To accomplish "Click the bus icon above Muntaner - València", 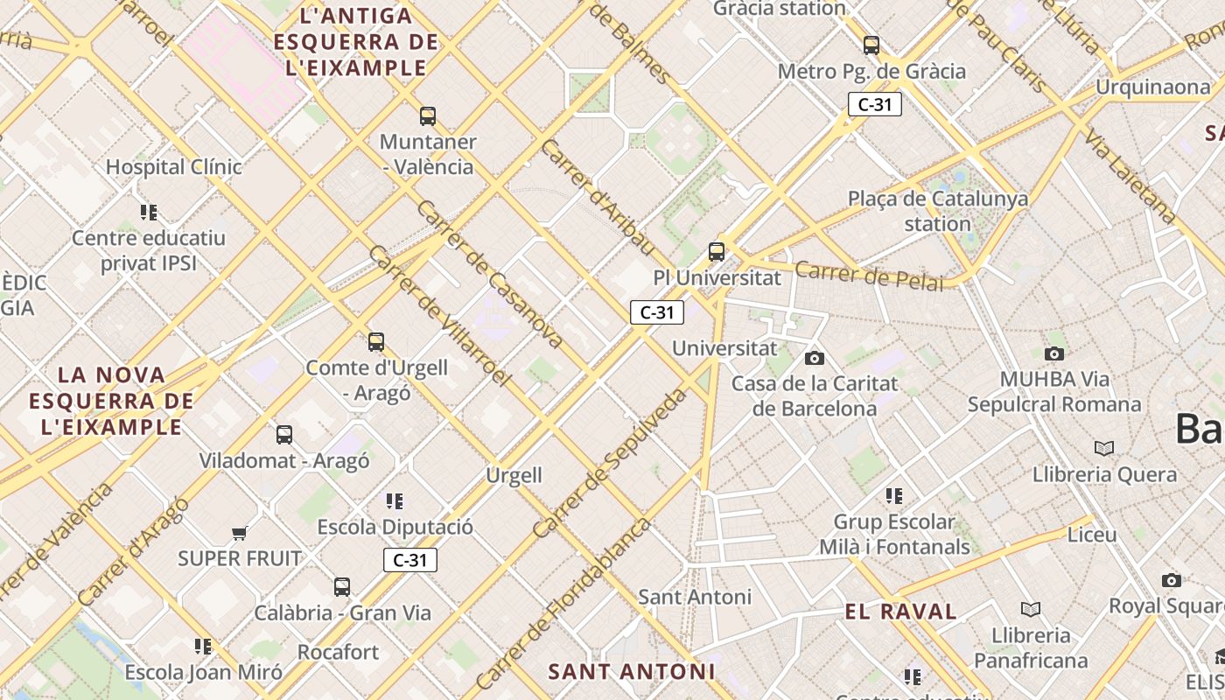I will point(428,115).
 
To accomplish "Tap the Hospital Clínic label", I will point(173,166).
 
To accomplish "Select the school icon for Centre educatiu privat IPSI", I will point(149,213).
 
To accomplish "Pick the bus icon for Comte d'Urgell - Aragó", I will point(376,342).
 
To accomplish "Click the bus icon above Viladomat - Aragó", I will point(284,435).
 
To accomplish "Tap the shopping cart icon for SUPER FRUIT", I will point(239,533).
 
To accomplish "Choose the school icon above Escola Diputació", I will point(395,501).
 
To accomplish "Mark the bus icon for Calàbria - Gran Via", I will point(342,587).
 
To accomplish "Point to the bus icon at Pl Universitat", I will point(717,252).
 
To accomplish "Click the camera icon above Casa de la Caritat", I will point(815,358).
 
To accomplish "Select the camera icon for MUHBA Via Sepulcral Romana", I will point(1054,353).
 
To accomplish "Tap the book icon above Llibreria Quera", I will point(1104,449).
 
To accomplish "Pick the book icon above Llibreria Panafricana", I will point(1031,609).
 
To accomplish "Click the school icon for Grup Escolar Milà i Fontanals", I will point(893,496).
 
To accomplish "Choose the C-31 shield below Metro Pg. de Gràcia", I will point(874,105).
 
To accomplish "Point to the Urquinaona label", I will point(1153,87).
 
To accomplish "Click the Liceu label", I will point(1092,534).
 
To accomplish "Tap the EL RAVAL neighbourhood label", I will point(901,612).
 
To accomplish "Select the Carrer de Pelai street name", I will point(870,276).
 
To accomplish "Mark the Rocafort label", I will point(339,652).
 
